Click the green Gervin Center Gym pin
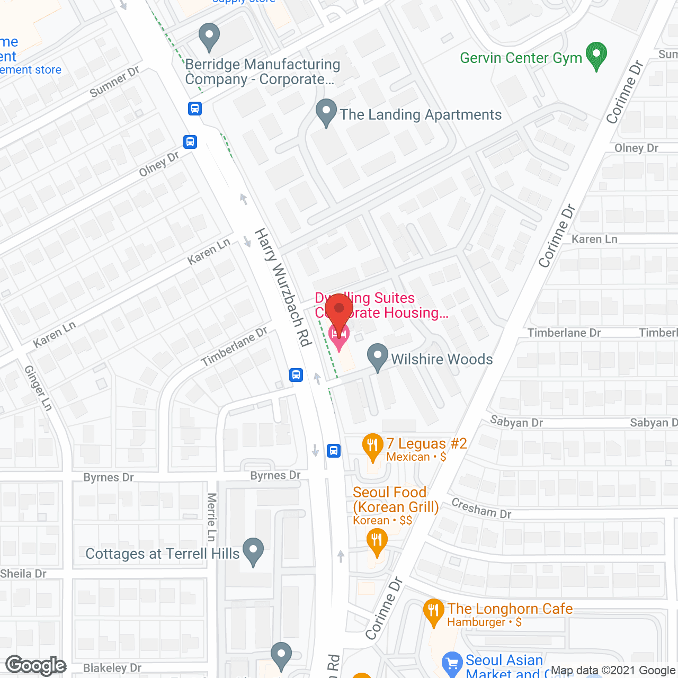pyautogui.click(x=596, y=56)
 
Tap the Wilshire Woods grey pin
pyautogui.click(x=378, y=357)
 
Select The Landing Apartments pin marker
pyautogui.click(x=326, y=112)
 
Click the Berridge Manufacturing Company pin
pyautogui.click(x=209, y=37)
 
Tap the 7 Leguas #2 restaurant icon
pyautogui.click(x=373, y=447)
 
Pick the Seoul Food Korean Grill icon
pyautogui.click(x=377, y=543)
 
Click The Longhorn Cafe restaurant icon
pyautogui.click(x=434, y=612)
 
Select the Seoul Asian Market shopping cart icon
pyautogui.click(x=452, y=663)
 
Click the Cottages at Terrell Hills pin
pyautogui.click(x=253, y=551)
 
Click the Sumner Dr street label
pyautogui.click(x=114, y=82)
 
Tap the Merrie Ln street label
pyautogui.click(x=212, y=517)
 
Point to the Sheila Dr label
pyautogui.click(x=23, y=574)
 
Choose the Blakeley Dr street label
pyautogui.click(x=112, y=668)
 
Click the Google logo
pyautogui.click(x=36, y=666)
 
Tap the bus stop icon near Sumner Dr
pyautogui.click(x=195, y=109)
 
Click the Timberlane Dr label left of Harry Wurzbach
pyautogui.click(x=234, y=346)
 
